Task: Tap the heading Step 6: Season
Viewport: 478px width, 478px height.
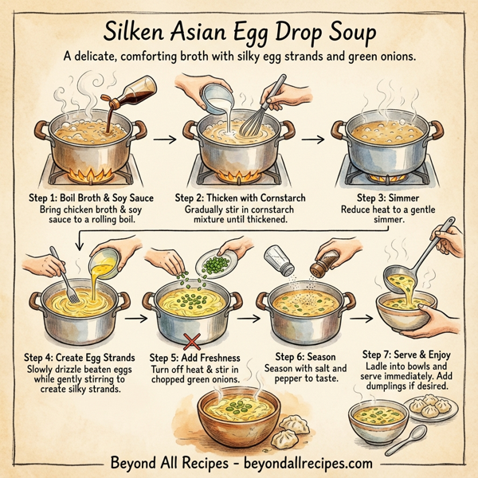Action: pyautogui.click(x=307, y=355)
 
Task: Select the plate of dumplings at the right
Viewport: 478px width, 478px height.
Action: pyautogui.click(x=437, y=411)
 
